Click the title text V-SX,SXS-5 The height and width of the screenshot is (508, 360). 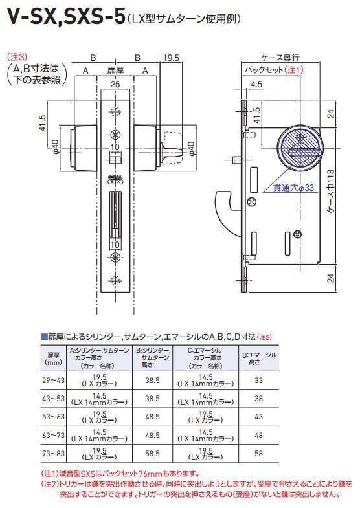66,17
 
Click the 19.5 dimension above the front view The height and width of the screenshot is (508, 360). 171,58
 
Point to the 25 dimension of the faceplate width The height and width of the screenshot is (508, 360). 115,84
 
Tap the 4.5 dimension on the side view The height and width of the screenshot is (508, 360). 256,85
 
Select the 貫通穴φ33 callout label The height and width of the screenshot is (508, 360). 293,188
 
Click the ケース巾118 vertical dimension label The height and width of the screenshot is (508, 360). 331,191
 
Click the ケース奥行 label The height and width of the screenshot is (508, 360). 280,58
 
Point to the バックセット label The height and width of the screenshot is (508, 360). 264,70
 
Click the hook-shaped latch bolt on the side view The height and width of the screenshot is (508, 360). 227,214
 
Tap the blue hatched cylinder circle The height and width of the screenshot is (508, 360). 300,147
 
